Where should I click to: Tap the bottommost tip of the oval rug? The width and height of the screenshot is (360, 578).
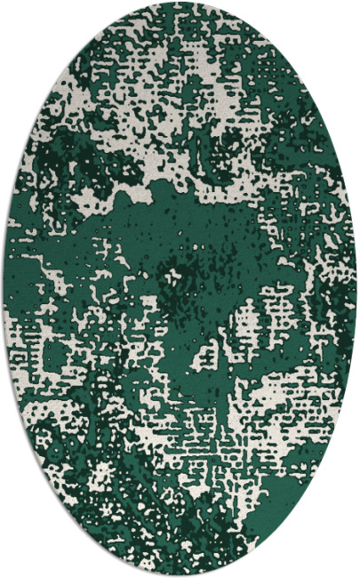(x=180, y=574)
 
